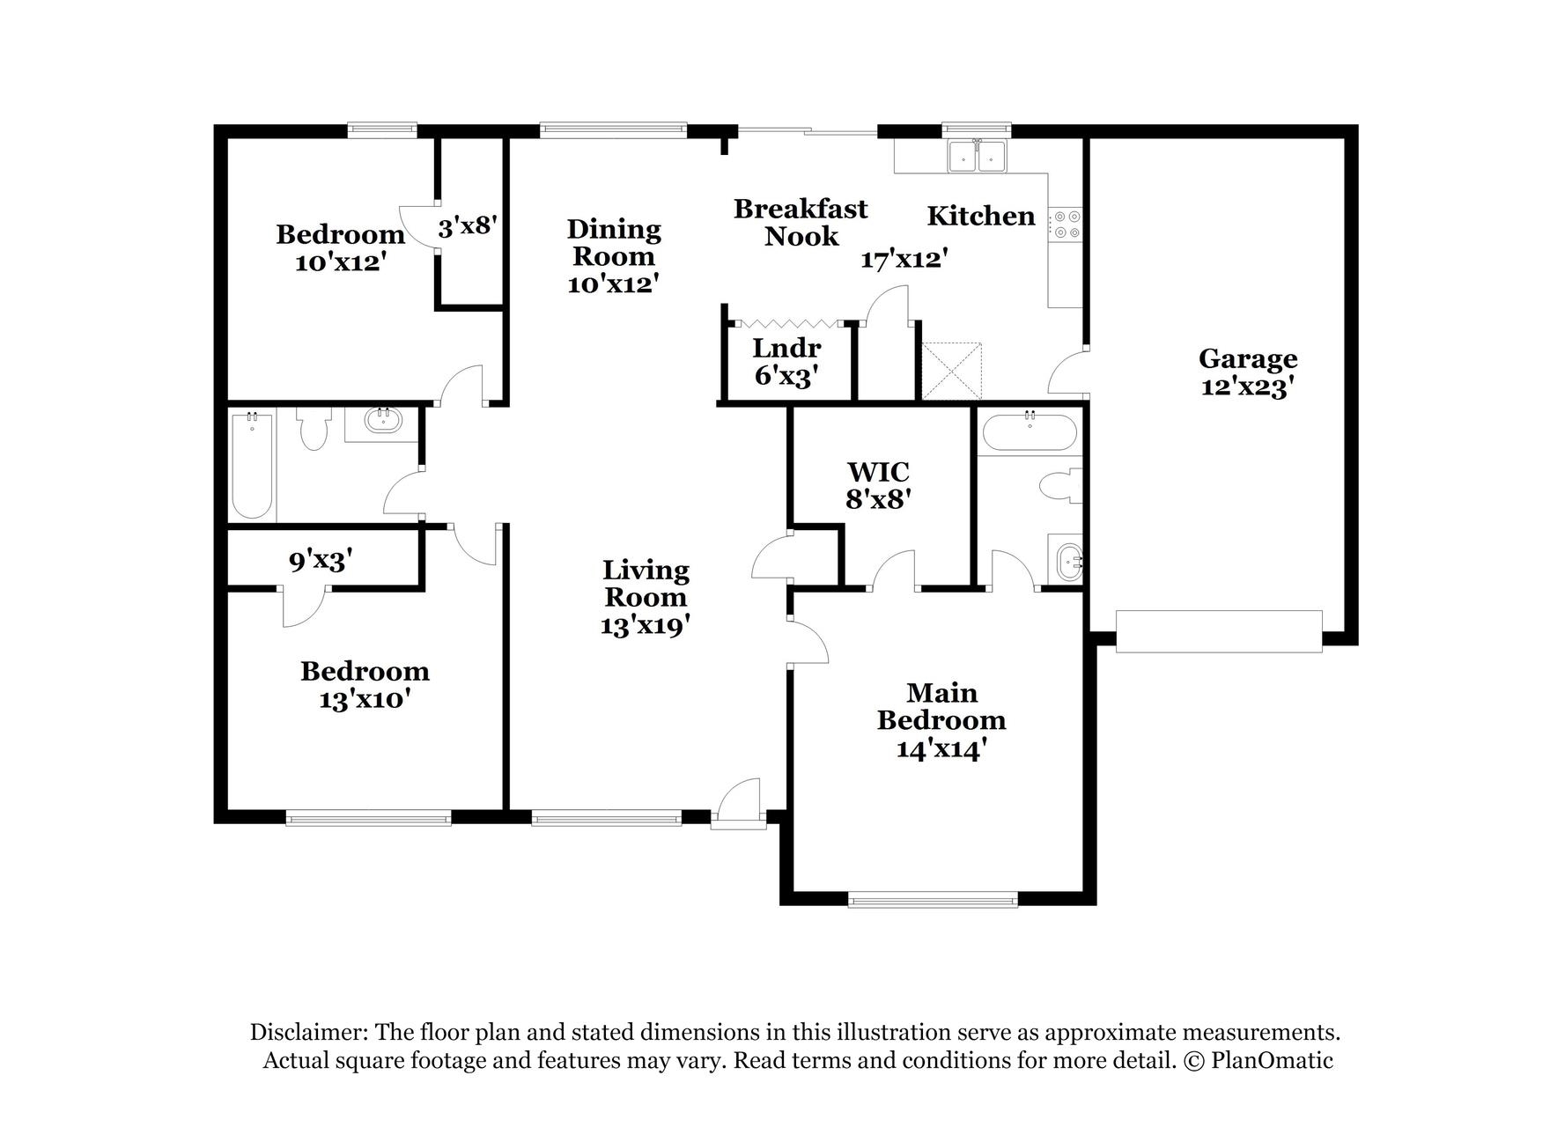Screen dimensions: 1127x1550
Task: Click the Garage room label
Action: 1247,358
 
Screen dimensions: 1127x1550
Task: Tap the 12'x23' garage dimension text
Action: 1247,387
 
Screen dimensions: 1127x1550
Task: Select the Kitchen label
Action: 980,216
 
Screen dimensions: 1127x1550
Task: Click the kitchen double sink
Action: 977,158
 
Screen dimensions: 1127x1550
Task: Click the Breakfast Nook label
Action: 801,222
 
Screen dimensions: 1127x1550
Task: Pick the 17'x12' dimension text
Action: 904,260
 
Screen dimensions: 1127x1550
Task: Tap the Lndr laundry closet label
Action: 786,348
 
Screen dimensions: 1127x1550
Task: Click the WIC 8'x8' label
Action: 877,485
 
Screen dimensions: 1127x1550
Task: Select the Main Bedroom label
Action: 941,706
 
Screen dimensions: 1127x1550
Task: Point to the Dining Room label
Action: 614,242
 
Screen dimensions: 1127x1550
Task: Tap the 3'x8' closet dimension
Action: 469,227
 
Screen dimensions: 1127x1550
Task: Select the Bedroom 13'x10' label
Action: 365,685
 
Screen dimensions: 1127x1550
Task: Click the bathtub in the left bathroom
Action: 252,465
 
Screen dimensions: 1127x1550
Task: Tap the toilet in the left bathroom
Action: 313,430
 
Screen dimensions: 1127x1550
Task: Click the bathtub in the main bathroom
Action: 1029,432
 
